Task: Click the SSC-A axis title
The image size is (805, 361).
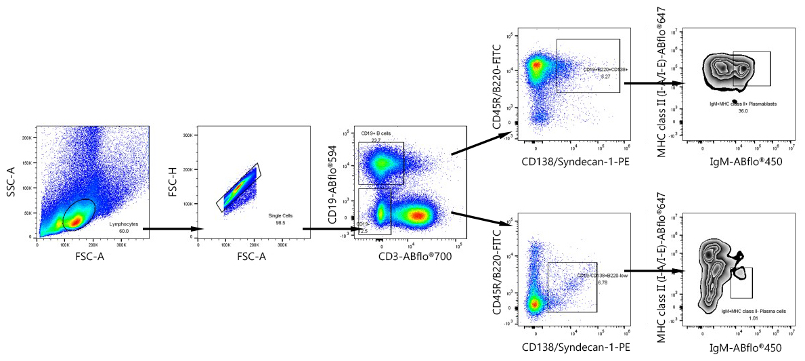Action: click(11, 183)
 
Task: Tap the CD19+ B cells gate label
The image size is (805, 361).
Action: click(376, 133)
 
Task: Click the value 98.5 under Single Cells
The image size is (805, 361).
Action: click(279, 221)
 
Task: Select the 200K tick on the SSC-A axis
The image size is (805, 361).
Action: click(29, 137)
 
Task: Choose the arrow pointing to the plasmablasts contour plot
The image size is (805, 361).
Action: click(654, 83)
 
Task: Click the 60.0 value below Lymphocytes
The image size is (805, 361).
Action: click(124, 230)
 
